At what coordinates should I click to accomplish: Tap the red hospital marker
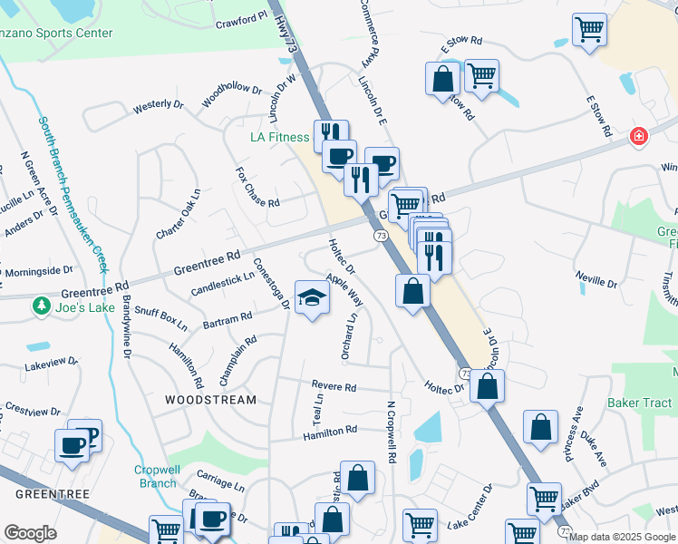coord(639,137)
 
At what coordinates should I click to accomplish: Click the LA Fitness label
coord(280,138)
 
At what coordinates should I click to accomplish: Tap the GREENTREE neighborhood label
coord(51,493)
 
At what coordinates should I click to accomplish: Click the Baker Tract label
coord(640,403)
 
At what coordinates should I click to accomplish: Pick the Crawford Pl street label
coord(242,17)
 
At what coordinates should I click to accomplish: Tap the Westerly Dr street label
coord(158,106)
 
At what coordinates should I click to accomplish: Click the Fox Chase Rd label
coord(257,187)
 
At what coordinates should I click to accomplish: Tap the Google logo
coord(30,533)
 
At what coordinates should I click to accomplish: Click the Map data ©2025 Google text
coord(621,537)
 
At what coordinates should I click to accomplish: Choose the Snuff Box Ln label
coord(160,317)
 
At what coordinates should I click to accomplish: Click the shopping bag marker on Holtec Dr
coord(488,386)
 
